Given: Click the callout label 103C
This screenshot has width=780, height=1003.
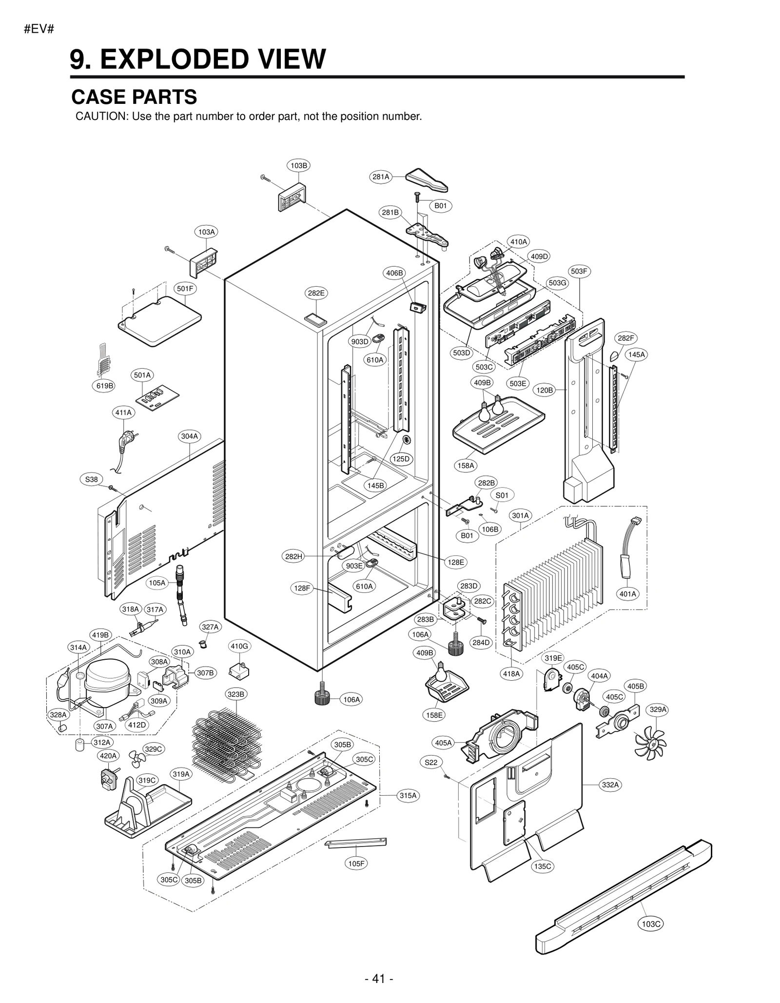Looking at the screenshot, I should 651,924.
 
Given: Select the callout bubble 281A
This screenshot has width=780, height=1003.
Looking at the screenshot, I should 381,177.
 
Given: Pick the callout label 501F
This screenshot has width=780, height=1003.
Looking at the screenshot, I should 185,289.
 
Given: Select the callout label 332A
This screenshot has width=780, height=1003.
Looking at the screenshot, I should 610,785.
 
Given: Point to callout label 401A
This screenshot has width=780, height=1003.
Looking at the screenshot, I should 627,594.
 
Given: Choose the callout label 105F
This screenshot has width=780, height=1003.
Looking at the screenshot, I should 356,864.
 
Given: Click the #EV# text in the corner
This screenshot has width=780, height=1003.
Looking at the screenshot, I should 39,29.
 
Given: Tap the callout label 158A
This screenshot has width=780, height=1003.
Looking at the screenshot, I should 466,466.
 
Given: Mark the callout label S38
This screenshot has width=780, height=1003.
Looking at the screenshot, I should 92,479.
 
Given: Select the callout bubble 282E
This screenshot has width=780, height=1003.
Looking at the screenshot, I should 316,293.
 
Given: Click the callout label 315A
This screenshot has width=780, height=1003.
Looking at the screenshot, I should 408,795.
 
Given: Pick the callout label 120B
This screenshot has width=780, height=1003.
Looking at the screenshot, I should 545,390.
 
